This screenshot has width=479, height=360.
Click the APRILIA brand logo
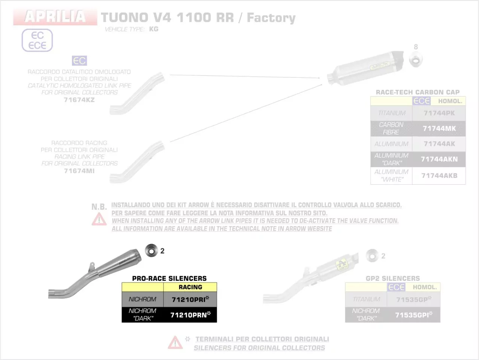55,17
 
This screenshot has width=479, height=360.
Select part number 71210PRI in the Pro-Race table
190,299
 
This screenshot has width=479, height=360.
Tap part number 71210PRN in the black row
190,315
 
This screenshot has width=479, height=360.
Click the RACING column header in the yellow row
190,287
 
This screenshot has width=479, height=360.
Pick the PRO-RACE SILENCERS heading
169,279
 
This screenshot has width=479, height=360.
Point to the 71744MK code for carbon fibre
439,129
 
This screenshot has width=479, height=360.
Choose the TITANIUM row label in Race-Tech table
391,113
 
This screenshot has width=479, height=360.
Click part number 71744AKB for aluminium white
439,176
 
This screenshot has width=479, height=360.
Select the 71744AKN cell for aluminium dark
439,159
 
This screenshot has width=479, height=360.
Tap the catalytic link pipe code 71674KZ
79,100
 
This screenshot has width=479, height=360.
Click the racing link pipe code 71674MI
79,171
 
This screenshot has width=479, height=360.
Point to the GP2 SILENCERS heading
393,279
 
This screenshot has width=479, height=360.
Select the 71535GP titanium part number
413,299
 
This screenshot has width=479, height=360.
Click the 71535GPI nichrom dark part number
413,315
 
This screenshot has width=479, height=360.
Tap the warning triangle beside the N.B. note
99,219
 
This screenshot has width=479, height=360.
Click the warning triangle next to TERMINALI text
175,342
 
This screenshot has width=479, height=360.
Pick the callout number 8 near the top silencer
416,47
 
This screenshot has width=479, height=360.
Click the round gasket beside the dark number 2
151,250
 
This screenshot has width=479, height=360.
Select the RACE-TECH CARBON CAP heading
418,92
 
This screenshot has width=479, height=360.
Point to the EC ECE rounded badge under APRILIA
37,40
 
